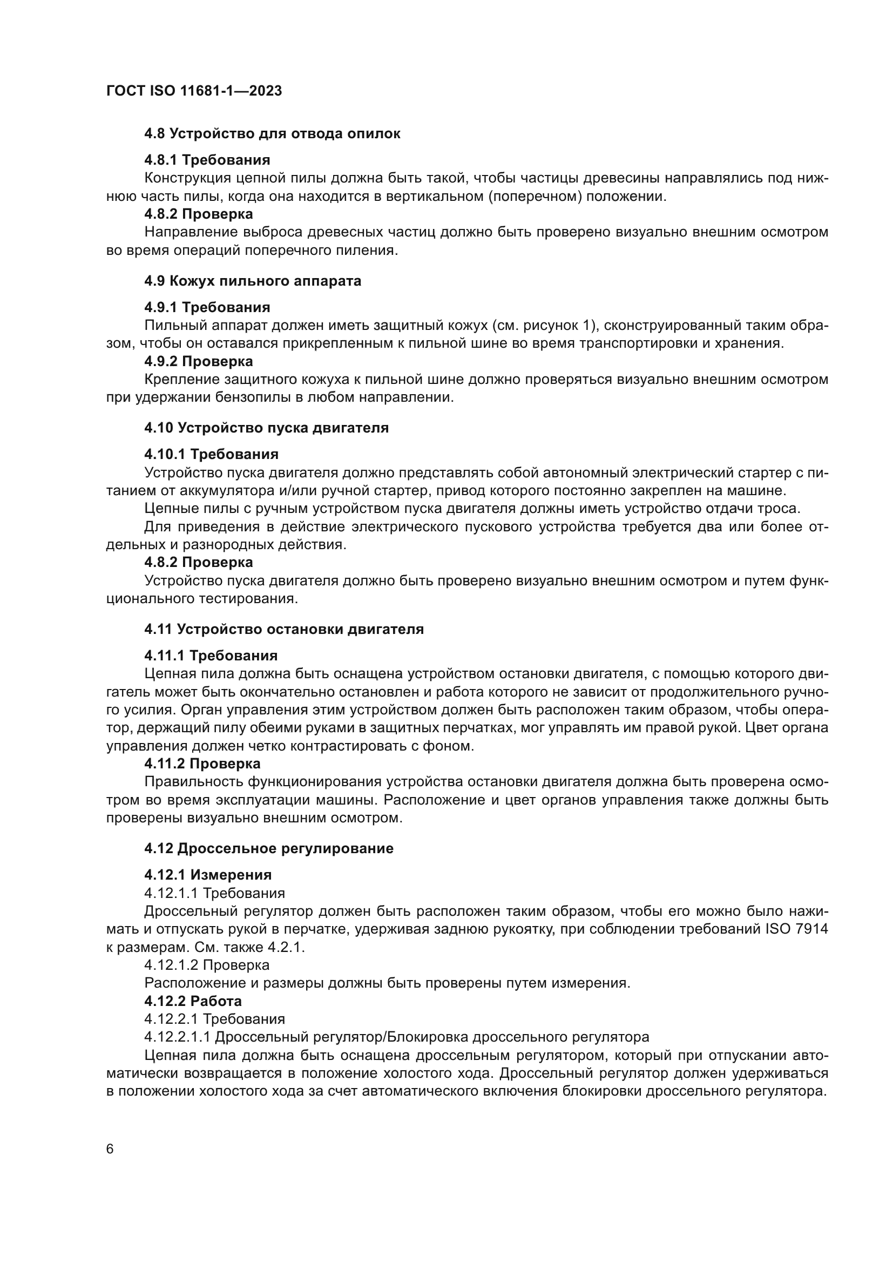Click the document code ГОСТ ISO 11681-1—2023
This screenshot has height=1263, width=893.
tap(194, 91)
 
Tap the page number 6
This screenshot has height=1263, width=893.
tap(110, 1149)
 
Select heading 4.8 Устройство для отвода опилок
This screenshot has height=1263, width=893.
tap(272, 134)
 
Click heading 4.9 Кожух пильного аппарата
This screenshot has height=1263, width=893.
tap(252, 281)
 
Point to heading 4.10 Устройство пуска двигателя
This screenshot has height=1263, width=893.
tap(266, 428)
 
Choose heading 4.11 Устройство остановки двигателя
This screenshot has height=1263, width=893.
tap(284, 629)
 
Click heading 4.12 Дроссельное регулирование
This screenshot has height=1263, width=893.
tap(269, 848)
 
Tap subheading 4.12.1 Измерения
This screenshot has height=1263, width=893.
tap(208, 875)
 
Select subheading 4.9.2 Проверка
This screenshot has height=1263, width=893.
tap(199, 361)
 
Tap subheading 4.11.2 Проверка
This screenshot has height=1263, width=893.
tap(202, 764)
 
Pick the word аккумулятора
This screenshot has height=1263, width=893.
tap(228, 490)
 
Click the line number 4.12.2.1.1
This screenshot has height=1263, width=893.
tap(177, 1037)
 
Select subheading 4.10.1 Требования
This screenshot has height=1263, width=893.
tap(211, 454)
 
